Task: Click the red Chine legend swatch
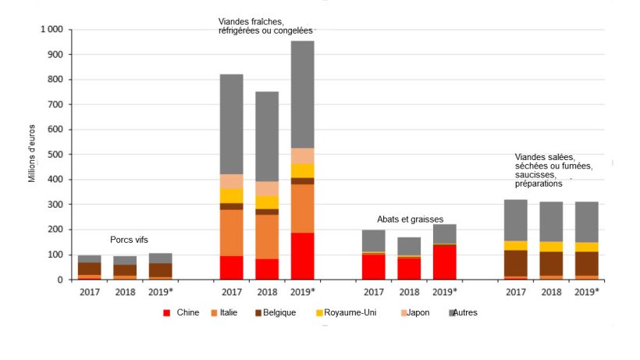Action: (167, 313)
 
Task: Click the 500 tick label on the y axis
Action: (55, 155)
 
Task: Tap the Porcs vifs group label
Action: (129, 240)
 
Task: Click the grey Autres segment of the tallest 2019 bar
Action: (302, 94)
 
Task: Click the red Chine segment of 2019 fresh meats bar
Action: (302, 256)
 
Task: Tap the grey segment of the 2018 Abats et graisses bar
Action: (408, 246)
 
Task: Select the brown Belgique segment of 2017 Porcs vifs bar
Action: (89, 269)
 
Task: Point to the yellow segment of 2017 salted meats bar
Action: (515, 245)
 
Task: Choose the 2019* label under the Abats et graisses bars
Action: (444, 292)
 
